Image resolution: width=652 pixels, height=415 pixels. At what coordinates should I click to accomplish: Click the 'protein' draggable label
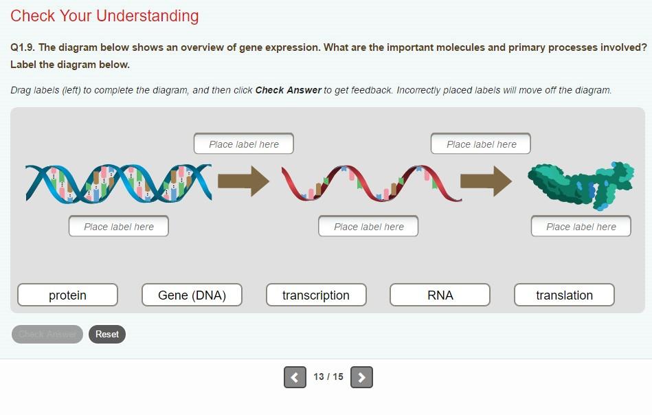pos(67,295)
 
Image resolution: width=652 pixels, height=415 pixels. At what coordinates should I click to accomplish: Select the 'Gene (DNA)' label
pos(192,295)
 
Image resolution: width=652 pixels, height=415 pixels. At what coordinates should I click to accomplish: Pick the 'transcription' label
pos(316,295)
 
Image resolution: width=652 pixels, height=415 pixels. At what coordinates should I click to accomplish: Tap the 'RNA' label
pos(440,295)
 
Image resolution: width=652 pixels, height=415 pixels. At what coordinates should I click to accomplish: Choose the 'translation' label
pos(564,295)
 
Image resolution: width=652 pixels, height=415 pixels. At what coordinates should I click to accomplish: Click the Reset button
pos(107,335)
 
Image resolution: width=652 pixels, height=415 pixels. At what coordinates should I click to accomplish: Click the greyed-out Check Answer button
pos(47,335)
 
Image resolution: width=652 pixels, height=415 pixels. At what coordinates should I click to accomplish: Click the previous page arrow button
pos(295,377)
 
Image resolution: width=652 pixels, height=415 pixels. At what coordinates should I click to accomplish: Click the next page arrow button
pos(361,377)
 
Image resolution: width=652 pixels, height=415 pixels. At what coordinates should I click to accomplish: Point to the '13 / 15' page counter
pos(328,377)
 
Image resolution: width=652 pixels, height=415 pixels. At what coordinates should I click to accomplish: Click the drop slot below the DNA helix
pos(119,226)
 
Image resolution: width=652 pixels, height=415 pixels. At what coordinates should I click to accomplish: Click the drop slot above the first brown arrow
pos(244,144)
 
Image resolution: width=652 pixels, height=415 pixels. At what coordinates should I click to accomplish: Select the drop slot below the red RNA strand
pos(368,226)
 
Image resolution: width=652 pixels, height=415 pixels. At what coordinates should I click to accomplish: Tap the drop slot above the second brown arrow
pos(481,144)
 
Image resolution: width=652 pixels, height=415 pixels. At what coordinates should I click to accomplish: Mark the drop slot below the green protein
pos(581,226)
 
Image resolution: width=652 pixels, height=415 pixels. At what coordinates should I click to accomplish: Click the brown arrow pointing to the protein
pos(486,181)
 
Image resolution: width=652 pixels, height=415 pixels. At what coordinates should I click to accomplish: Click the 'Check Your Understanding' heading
pos(104,16)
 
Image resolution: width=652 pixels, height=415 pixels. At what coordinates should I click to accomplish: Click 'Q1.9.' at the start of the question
pos(23,47)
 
